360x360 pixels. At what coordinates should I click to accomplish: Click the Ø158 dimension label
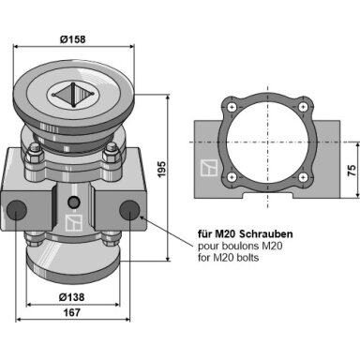click(72, 39)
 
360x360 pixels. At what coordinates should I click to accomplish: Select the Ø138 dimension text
click(71, 297)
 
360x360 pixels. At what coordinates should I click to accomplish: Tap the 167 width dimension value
click(72, 312)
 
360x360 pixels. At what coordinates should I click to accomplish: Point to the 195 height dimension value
click(161, 169)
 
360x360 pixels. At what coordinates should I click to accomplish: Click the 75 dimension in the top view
click(352, 170)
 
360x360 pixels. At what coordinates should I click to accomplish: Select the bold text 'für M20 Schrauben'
click(246, 233)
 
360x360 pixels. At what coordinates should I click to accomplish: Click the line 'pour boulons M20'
click(240, 246)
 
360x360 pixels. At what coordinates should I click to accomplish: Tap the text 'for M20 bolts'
click(229, 258)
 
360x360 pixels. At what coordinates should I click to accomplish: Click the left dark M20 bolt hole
click(17, 210)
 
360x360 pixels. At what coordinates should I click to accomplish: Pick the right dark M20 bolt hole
click(129, 210)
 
